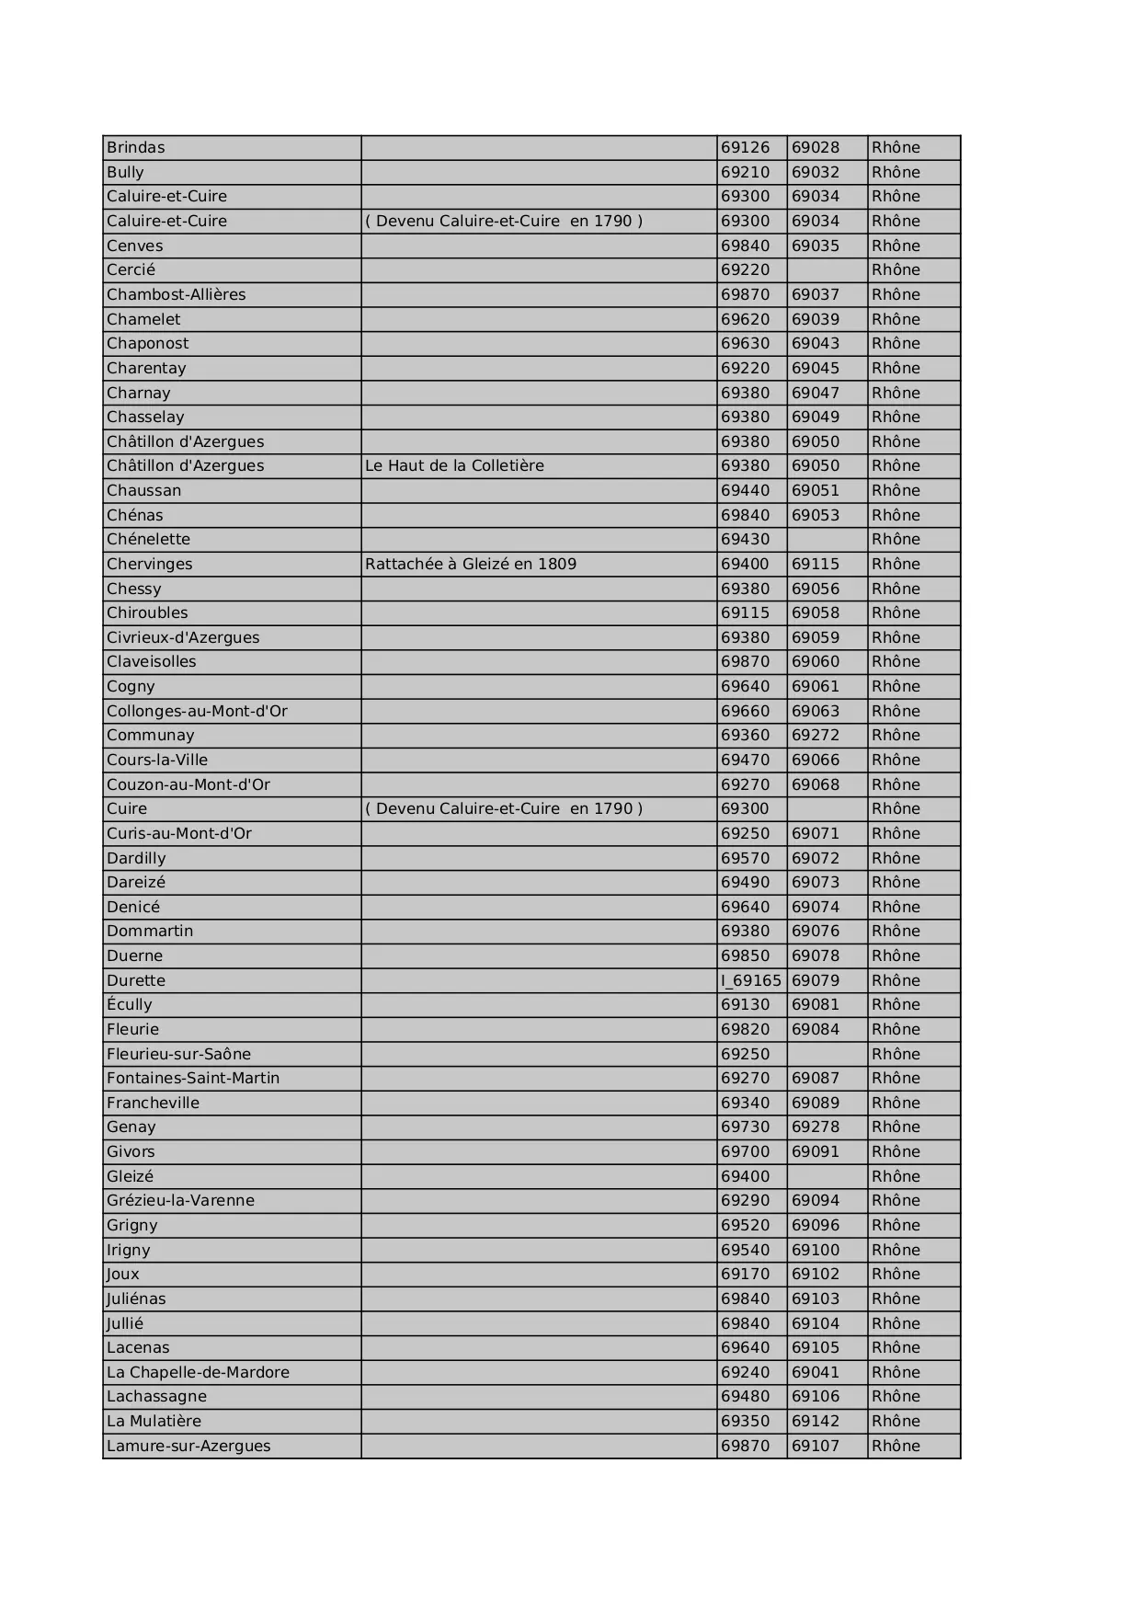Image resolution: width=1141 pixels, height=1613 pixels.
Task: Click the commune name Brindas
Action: pos(136,147)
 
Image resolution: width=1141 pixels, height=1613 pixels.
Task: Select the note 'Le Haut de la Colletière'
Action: pos(454,465)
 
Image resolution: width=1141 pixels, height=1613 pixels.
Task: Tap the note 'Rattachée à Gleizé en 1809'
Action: pos(471,564)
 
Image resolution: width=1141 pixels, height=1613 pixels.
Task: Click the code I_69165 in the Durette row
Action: pos(750,980)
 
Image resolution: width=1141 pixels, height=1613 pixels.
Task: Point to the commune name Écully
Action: pos(130,1004)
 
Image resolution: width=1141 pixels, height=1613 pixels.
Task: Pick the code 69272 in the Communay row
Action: pos(816,735)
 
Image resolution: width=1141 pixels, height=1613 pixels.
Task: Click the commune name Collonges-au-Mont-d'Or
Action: pos(197,711)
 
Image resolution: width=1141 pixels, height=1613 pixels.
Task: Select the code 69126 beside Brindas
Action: pos(746,147)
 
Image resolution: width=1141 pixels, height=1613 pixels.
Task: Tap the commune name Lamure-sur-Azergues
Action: pos(188,1446)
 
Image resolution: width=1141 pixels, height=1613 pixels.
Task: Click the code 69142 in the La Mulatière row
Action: pos(816,1421)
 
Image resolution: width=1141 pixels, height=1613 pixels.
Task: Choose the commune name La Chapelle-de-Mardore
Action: pos(198,1372)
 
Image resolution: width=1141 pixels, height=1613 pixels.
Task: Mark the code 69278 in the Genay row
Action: pos(816,1127)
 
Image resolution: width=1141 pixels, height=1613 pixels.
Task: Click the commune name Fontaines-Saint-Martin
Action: pos(193,1078)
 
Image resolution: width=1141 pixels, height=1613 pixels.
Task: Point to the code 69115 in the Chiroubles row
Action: pos(746,612)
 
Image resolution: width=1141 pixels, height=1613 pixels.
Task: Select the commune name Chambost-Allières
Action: pos(177,294)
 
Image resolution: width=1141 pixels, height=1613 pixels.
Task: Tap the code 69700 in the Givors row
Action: pos(746,1151)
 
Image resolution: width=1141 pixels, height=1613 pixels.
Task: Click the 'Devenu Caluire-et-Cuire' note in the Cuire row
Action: pos(504,808)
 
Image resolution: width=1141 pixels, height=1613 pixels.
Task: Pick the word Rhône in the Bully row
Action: pos(896,172)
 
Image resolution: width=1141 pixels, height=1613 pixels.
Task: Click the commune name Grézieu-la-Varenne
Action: pos(180,1200)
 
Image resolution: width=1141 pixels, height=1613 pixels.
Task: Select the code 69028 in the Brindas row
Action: pos(816,147)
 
